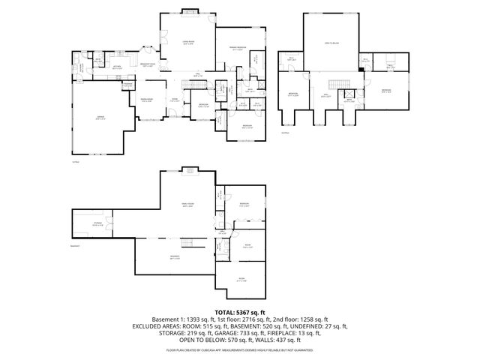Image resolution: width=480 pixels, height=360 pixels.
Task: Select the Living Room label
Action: pyautogui.click(x=189, y=43)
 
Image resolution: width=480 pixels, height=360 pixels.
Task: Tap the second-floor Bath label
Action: pyautogui.click(x=349, y=100)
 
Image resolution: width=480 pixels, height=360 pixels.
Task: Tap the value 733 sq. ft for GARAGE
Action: pyautogui.click(x=238, y=333)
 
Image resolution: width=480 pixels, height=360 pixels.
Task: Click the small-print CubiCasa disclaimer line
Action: pyautogui.click(x=240, y=349)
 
